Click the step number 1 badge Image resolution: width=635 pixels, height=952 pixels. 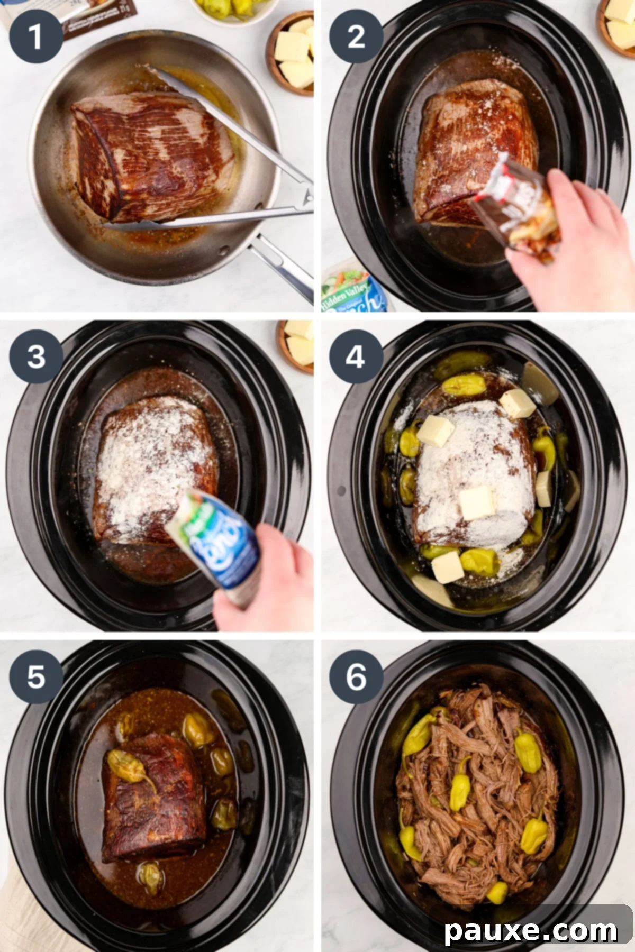click(35, 36)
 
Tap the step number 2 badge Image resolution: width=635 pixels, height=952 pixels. click(356, 36)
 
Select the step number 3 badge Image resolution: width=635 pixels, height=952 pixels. click(35, 356)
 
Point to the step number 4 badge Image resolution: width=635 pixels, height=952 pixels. click(356, 356)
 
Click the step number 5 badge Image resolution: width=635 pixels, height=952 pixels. click(35, 676)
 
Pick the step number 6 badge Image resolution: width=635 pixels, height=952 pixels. click(356, 676)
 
